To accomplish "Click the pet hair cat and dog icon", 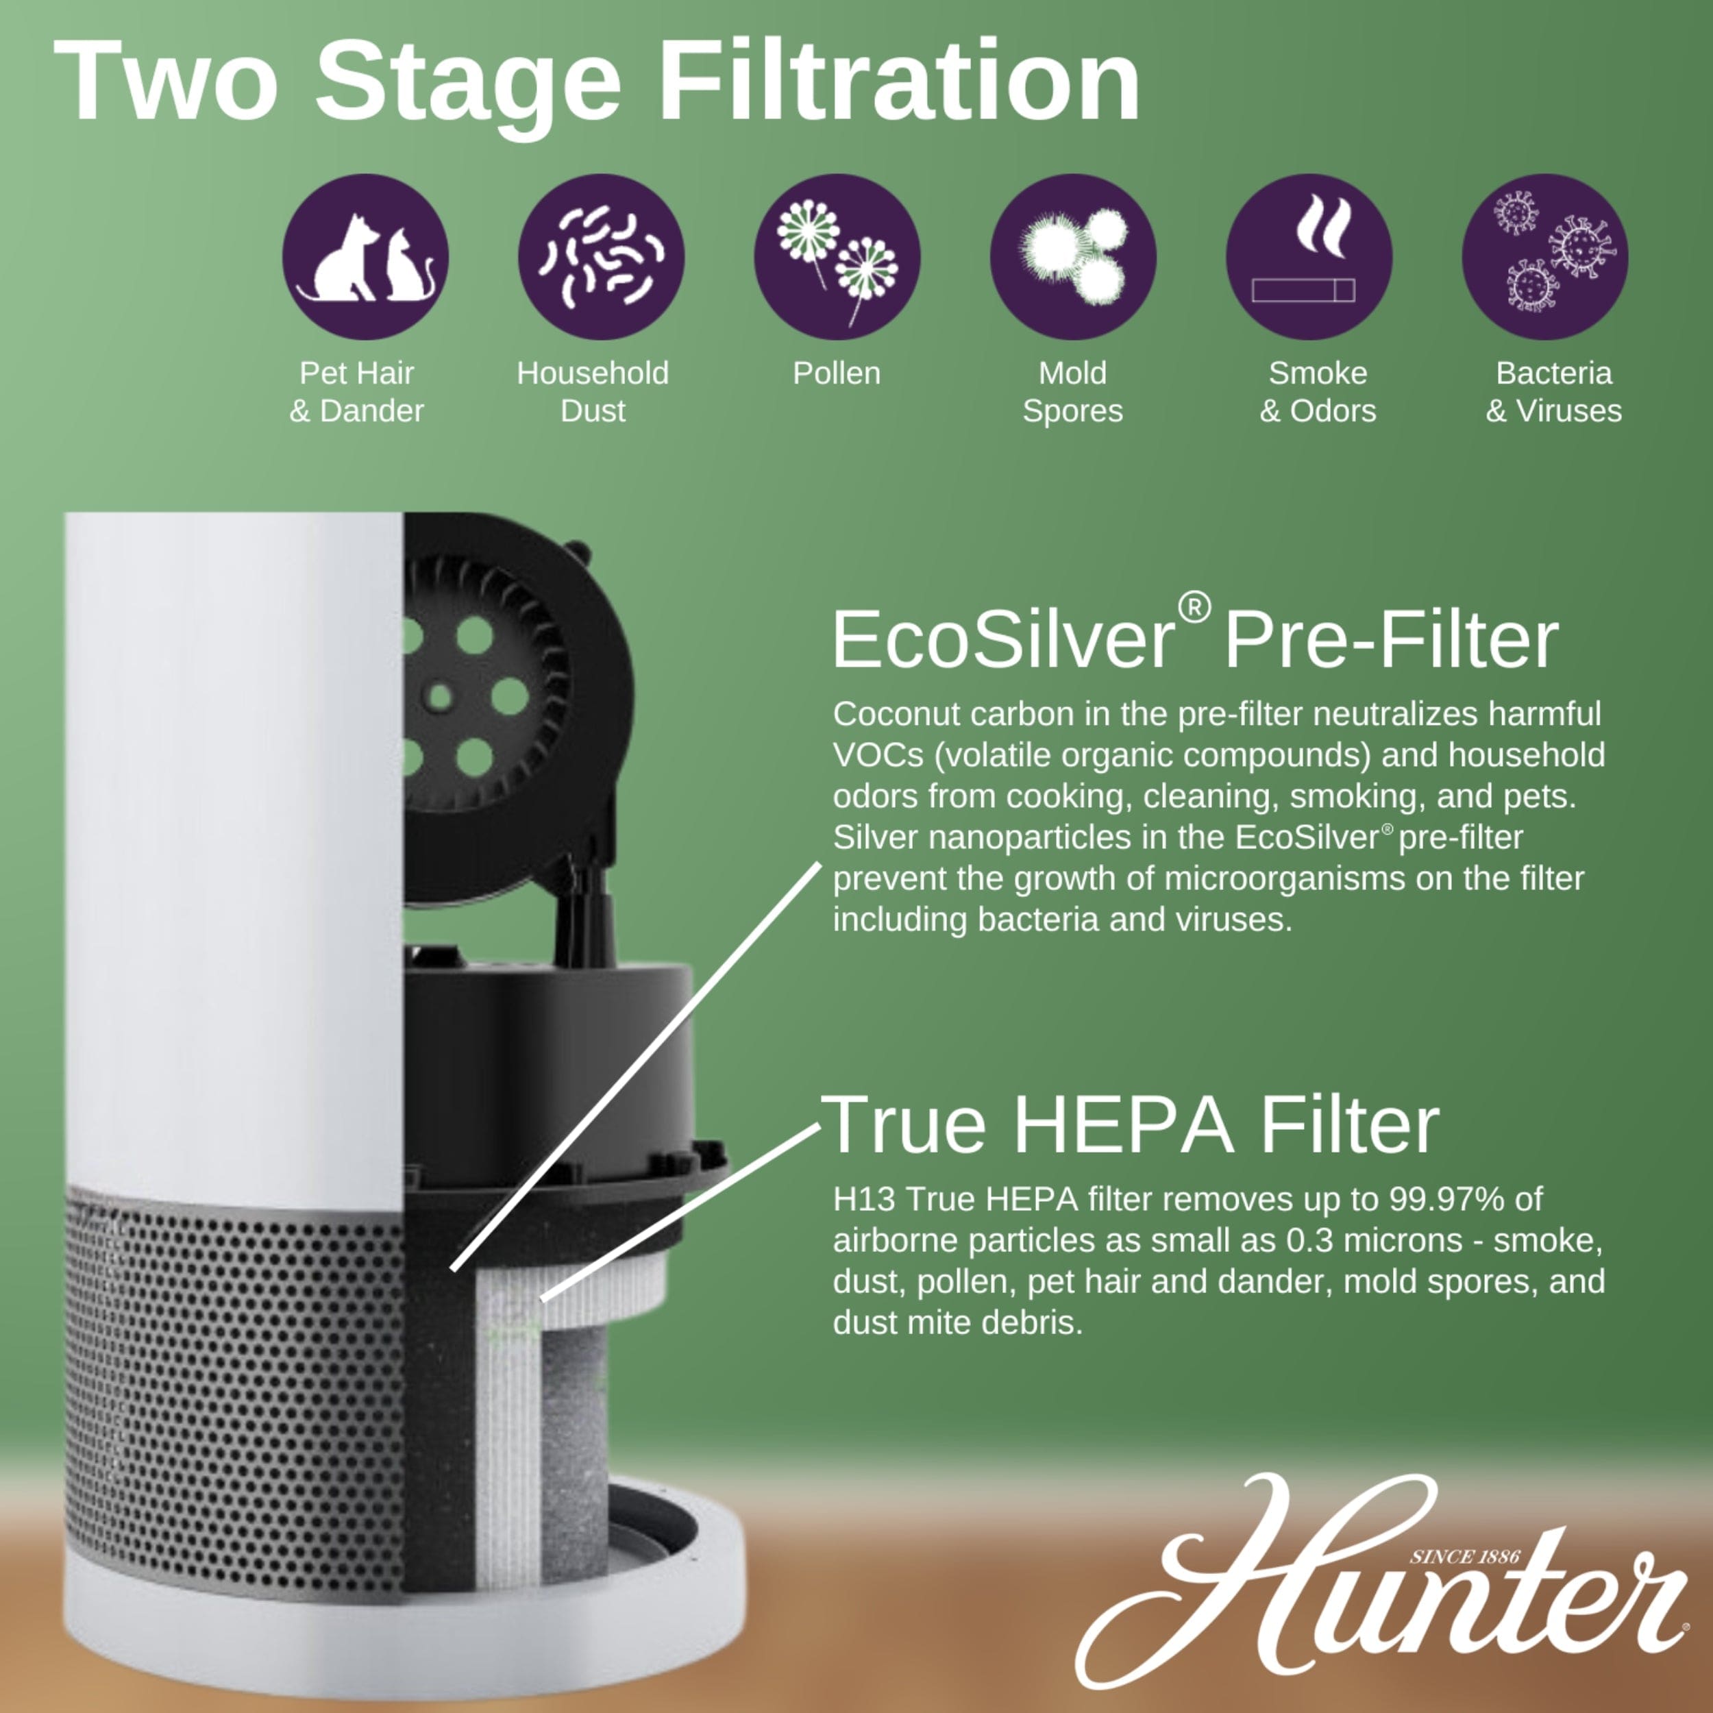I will pyautogui.click(x=365, y=256).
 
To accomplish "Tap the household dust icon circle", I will pyautogui.click(x=601, y=256).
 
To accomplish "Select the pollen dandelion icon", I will pyautogui.click(x=837, y=256).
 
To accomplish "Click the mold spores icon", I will pyautogui.click(x=1073, y=256).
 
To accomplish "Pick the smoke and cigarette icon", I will pyautogui.click(x=1309, y=256).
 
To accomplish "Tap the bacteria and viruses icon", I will pyautogui.click(x=1544, y=256).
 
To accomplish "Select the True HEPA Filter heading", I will pyautogui.click(x=1130, y=1124).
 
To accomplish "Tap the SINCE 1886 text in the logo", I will pyautogui.click(x=1465, y=1556).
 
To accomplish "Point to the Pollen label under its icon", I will pyautogui.click(x=836, y=373).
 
